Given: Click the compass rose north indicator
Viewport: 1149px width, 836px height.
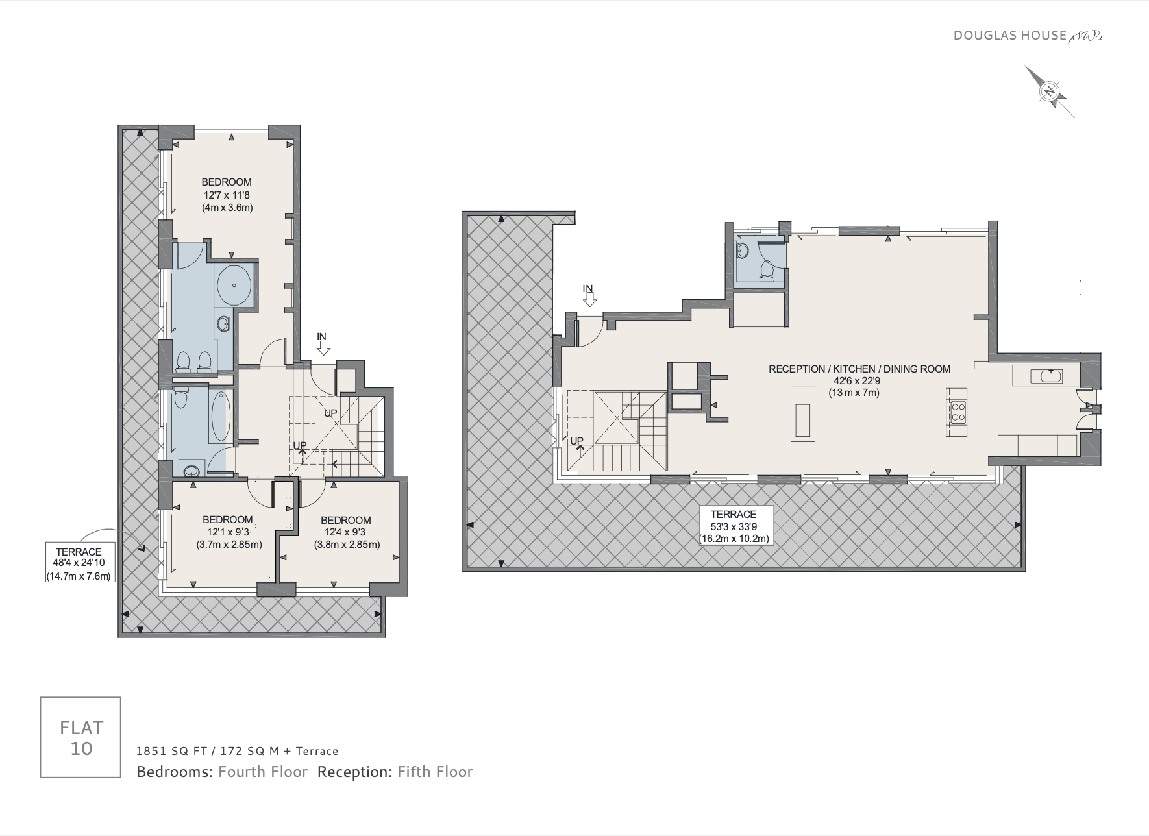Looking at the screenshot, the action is point(1049,92).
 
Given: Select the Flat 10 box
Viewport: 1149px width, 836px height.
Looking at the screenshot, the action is point(80,737).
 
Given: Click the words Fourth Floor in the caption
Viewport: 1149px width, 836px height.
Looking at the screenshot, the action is point(263,772).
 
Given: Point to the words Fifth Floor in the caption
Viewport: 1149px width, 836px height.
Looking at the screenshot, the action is point(435,772).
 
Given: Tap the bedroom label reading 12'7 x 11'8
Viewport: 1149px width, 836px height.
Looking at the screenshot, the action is point(227,195).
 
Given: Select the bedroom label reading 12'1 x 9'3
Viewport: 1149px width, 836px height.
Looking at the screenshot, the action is point(229,532).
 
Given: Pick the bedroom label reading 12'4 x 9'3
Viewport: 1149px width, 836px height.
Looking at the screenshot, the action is point(347,532).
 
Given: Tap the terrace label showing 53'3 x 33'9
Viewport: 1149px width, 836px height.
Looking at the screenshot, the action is point(734,526).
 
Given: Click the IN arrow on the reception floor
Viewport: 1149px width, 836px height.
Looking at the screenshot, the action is point(589,296).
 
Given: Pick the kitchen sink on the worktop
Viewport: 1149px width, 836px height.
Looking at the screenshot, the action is point(1051,376).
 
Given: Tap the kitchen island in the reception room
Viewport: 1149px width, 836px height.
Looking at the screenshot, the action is point(802,413).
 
